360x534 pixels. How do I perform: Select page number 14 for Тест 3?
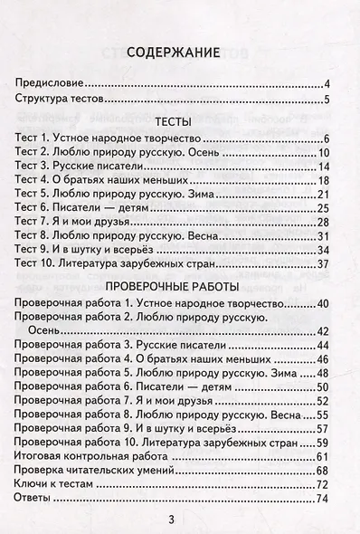tap(330, 174)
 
